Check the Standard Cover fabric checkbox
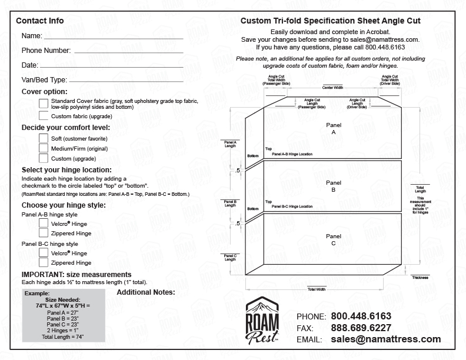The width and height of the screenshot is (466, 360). [x=44, y=104]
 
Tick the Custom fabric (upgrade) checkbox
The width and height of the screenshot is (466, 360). [x=44, y=116]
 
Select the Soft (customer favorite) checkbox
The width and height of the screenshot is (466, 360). [x=44, y=138]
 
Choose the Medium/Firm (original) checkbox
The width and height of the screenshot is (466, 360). [x=44, y=148]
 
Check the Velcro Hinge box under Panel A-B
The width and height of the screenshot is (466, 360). [x=44, y=223]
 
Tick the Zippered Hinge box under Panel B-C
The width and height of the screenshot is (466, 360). [x=44, y=262]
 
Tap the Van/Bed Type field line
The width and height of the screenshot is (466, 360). [x=127, y=79]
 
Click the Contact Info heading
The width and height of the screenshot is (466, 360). [x=40, y=21]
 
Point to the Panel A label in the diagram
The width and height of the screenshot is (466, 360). [x=334, y=129]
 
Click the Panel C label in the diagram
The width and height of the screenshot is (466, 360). [x=334, y=239]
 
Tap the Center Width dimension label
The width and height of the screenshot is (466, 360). [x=332, y=87]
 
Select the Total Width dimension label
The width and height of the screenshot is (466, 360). [x=316, y=289]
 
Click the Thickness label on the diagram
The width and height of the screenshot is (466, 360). [x=420, y=277]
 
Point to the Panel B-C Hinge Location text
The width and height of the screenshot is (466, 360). [x=292, y=206]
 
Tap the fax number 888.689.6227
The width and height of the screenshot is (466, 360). [x=361, y=328]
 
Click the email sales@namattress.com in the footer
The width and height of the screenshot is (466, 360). [x=385, y=339]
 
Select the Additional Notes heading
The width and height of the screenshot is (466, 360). [x=146, y=292]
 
